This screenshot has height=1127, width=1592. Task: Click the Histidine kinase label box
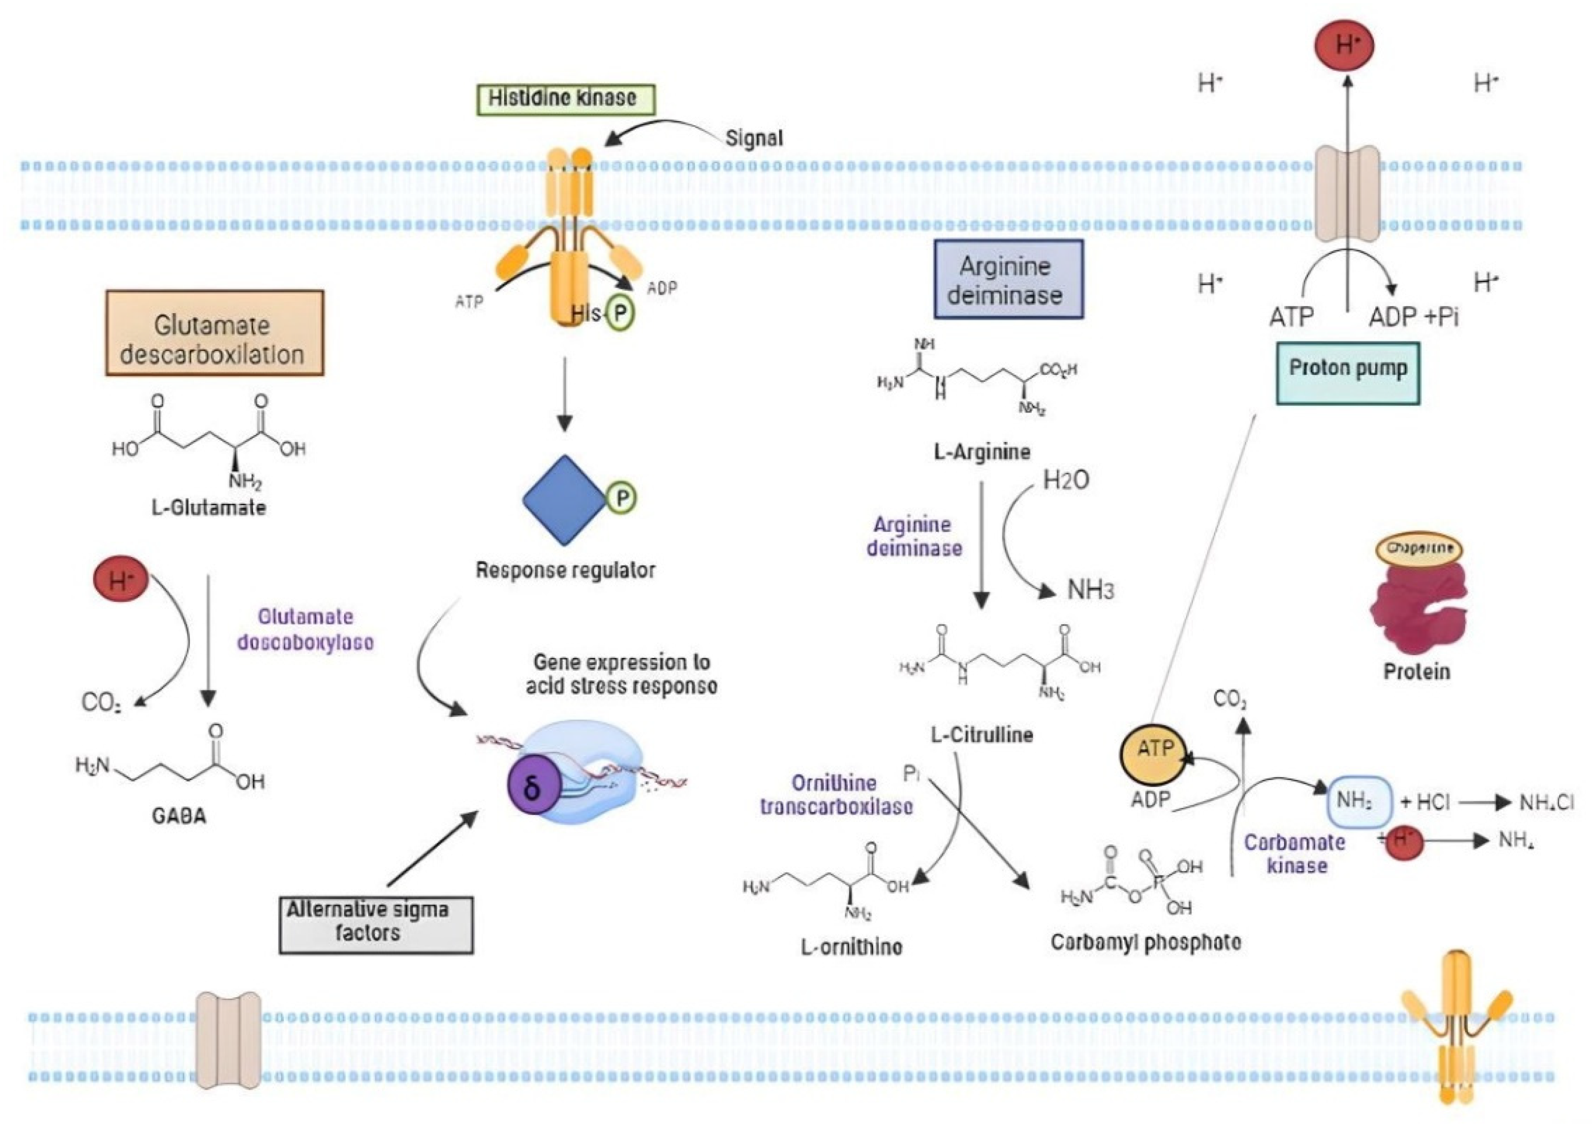[x=562, y=99]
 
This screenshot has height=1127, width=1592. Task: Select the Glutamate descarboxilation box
[x=215, y=333]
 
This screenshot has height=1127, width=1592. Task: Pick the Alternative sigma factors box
[x=376, y=924]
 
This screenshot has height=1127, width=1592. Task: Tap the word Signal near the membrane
[x=754, y=138]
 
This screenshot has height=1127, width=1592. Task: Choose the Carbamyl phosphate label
[x=1146, y=942]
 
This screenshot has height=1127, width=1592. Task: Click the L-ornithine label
[x=852, y=947]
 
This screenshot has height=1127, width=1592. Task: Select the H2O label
[x=1065, y=480]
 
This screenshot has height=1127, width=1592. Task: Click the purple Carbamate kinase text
[x=1295, y=854]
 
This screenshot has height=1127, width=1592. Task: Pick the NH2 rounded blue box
[x=1359, y=801]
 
